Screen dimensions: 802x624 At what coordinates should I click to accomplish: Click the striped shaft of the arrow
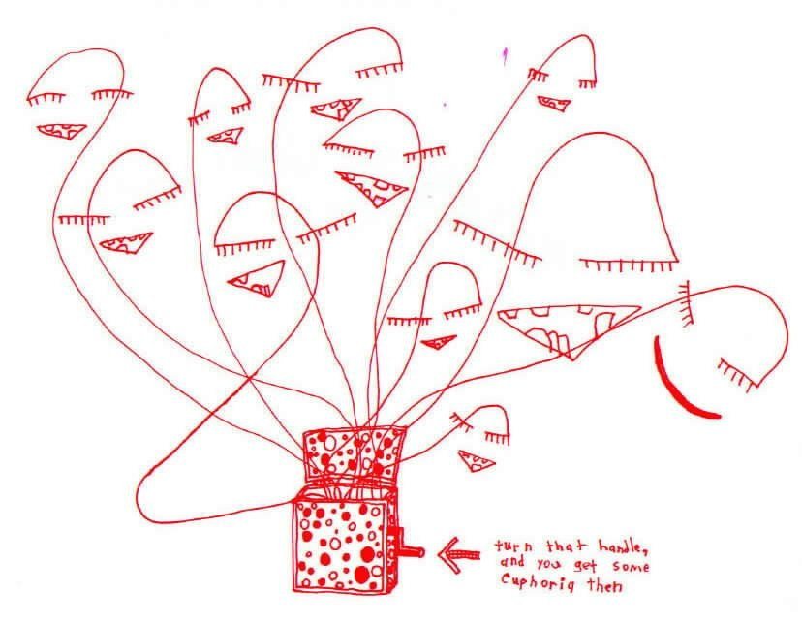467,555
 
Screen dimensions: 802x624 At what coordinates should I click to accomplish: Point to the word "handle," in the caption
623,546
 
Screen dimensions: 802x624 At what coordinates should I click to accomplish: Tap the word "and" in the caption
512,562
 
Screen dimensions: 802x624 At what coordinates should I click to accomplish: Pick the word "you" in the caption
549,565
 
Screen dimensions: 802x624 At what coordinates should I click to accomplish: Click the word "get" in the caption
585,566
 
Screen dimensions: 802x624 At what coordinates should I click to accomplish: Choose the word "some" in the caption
631,566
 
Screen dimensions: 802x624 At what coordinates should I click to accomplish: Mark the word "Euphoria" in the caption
537,581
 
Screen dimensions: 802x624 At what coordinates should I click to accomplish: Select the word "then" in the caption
604,584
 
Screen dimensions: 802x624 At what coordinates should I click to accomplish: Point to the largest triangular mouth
568,328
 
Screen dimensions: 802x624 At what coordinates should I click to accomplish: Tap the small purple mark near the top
505,56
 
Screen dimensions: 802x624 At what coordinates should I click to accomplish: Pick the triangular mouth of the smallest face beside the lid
477,461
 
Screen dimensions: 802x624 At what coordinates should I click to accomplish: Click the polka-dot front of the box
341,546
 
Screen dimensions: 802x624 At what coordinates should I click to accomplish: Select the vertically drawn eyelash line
687,303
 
